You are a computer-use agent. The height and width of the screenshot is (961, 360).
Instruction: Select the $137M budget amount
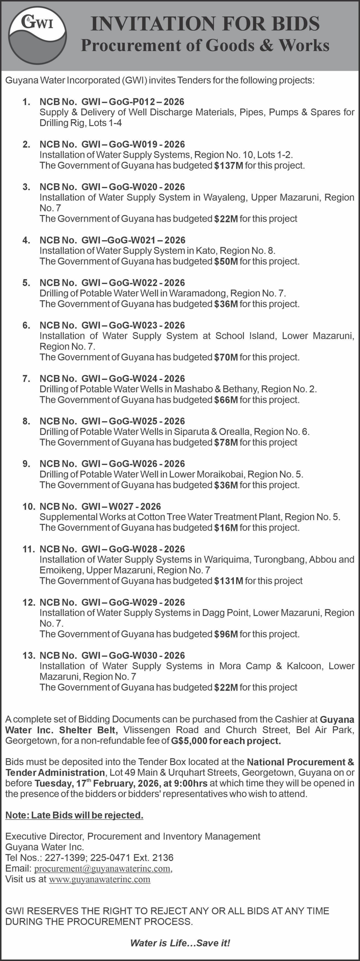coord(228,166)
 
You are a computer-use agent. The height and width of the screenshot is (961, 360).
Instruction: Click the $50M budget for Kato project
coord(226,262)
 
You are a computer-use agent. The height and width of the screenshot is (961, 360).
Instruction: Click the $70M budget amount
coord(226,357)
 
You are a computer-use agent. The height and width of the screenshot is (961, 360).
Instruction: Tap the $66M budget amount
coord(226,400)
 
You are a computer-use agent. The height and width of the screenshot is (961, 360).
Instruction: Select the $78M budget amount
coord(226,442)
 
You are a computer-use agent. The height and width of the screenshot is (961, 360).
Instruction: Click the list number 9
coord(26,464)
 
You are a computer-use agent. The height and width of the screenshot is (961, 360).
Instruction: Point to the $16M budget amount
coord(226,528)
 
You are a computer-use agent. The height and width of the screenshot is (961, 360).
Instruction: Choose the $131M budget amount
coord(228,581)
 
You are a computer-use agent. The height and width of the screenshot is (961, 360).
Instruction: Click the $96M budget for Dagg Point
coord(226,634)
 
